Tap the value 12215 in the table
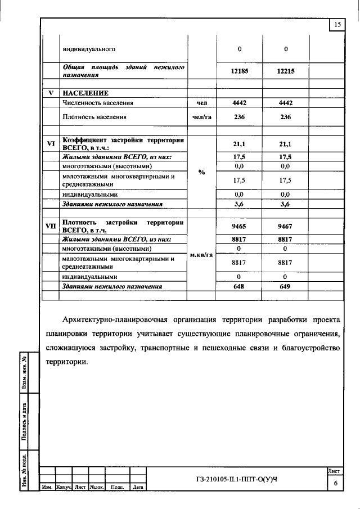click(286, 71)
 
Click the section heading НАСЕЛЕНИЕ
click(85, 93)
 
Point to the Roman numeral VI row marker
click(51, 143)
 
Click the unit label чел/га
click(202, 118)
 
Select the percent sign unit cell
click(201, 172)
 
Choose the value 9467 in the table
click(286, 226)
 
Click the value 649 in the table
click(286, 286)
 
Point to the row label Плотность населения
click(94, 118)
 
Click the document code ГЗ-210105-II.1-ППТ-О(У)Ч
click(237, 479)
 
